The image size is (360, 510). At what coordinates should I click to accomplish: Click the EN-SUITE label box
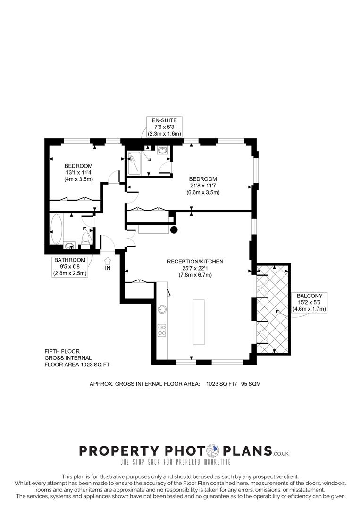(x=164, y=127)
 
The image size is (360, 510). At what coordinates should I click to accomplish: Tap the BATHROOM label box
(x=70, y=267)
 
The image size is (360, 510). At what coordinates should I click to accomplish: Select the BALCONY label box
(x=310, y=303)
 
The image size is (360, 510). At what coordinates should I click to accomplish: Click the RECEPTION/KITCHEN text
(x=195, y=262)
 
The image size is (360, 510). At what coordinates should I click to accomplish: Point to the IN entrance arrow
(x=108, y=261)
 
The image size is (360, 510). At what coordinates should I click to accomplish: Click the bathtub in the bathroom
(x=56, y=229)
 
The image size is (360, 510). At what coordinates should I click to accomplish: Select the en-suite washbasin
(x=162, y=150)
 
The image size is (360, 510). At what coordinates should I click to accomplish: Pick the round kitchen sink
(x=162, y=309)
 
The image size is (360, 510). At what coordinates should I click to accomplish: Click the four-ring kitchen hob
(x=162, y=330)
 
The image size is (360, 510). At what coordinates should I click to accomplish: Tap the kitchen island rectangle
(x=199, y=322)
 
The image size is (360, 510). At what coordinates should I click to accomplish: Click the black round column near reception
(x=174, y=230)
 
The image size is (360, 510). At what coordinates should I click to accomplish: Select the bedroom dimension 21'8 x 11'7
(x=203, y=186)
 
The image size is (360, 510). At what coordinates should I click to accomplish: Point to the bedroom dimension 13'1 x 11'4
(x=78, y=173)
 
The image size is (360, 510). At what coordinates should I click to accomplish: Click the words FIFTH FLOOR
(x=62, y=351)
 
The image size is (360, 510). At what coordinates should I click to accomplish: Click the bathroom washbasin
(x=69, y=246)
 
